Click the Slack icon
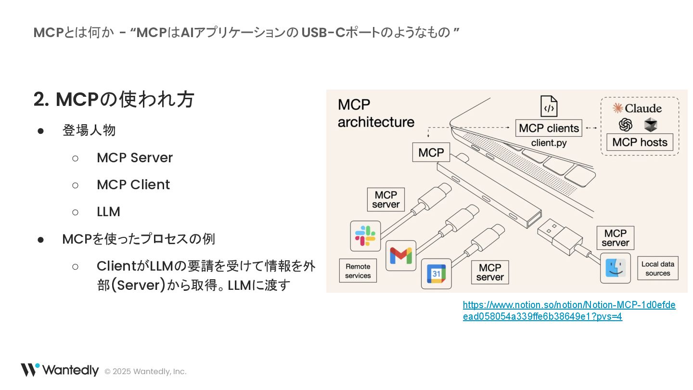(365, 236)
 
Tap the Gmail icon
(401, 255)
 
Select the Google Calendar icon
(436, 273)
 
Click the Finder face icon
(616, 268)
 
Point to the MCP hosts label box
(640, 143)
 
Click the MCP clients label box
(549, 129)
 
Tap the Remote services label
(358, 271)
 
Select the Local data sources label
(657, 268)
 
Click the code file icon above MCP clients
(549, 106)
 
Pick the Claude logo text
(637, 108)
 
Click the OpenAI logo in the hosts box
(625, 125)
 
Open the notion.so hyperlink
(569, 311)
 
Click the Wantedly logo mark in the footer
(30, 370)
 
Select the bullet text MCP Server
(134, 158)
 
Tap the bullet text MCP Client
(133, 185)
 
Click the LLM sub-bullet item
(108, 212)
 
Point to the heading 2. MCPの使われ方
(114, 99)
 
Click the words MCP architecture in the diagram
(375, 113)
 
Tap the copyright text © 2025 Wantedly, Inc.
(145, 371)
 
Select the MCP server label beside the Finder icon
(615, 238)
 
